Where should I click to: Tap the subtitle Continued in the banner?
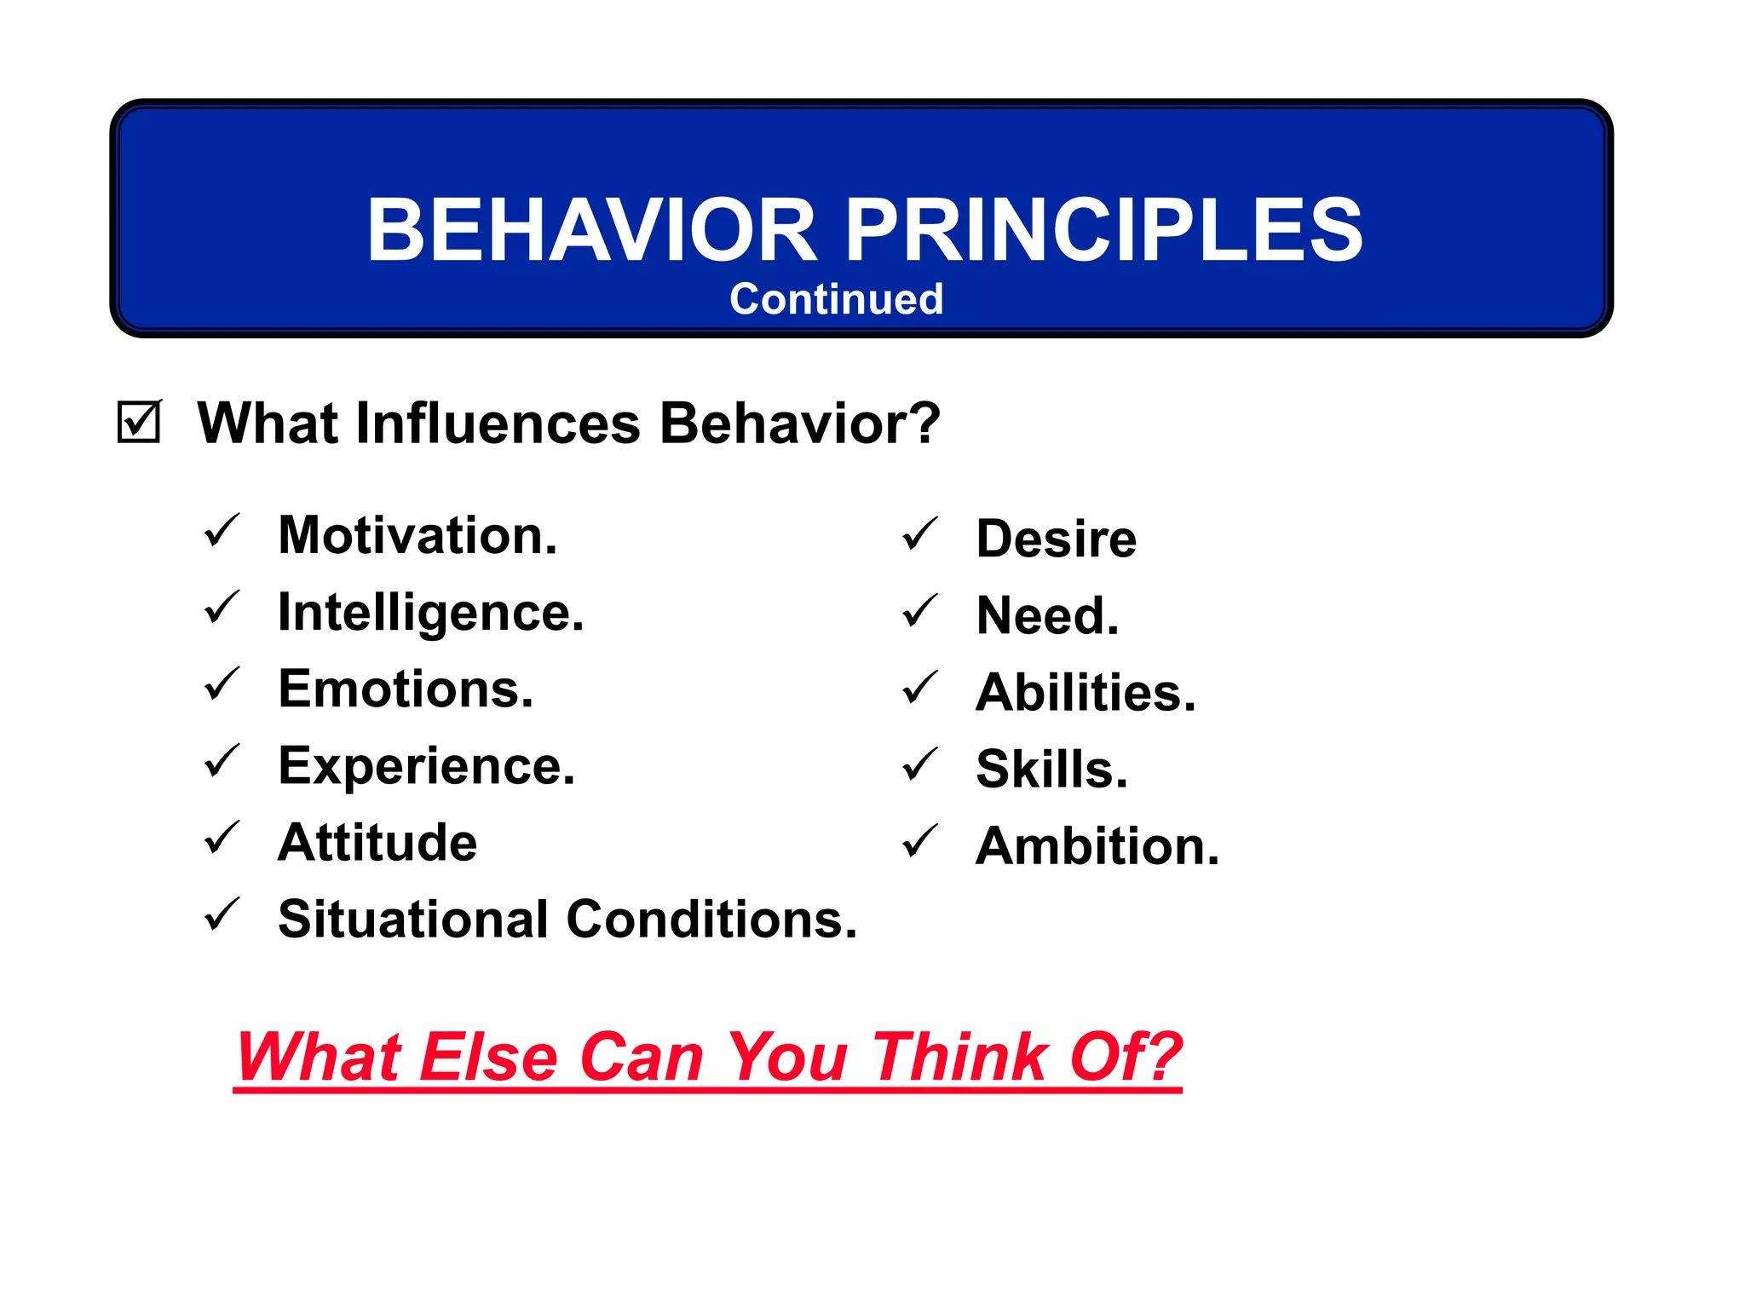click(836, 299)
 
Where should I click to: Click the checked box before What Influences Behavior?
click(139, 422)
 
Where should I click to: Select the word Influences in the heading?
click(498, 423)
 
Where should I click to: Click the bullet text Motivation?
click(418, 535)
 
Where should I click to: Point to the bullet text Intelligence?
click(431, 613)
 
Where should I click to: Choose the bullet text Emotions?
click(406, 689)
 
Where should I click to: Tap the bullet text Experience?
click(427, 766)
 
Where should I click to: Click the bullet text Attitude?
click(377, 842)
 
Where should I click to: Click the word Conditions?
click(711, 919)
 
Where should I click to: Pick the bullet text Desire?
click(1056, 539)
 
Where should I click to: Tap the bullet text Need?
click(1047, 615)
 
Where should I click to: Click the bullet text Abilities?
click(1086, 692)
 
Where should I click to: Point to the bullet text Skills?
click(1051, 769)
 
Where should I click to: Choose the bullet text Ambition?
click(1097, 845)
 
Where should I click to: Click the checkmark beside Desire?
click(919, 534)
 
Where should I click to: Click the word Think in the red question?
click(960, 1057)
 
